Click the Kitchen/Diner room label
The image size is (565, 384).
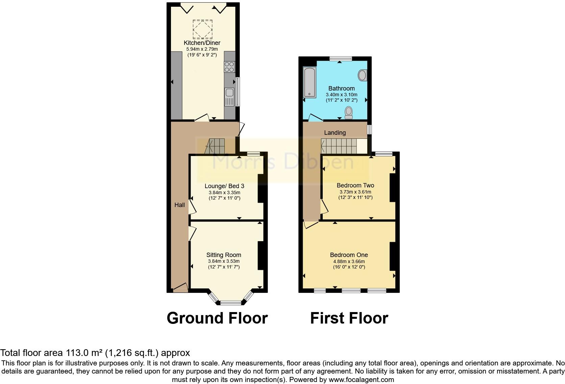pyautogui.click(x=202, y=43)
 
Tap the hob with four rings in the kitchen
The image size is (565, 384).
pyautogui.click(x=229, y=67)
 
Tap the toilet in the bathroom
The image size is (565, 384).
pyautogui.click(x=348, y=113)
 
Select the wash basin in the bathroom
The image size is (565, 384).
pyautogui.click(x=362, y=75)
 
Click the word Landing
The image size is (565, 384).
pyautogui.click(x=335, y=133)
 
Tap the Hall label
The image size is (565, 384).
pyautogui.click(x=179, y=205)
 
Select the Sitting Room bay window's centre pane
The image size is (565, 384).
pyautogui.click(x=230, y=303)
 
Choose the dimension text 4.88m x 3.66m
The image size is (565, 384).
pyautogui.click(x=349, y=261)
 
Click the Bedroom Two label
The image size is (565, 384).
pyautogui.click(x=355, y=185)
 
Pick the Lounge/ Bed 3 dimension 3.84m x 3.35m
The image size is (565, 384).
pyautogui.click(x=224, y=192)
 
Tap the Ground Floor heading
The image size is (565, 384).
pyautogui.click(x=217, y=318)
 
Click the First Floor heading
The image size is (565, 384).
pyautogui.click(x=349, y=318)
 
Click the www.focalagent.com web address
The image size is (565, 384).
pyautogui.click(x=361, y=379)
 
